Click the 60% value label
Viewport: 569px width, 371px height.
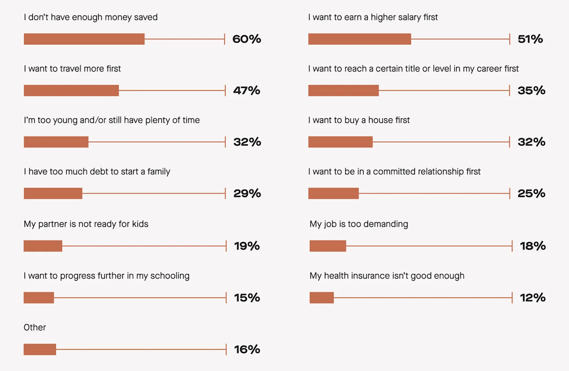click(247, 39)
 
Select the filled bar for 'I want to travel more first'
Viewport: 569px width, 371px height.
click(71, 90)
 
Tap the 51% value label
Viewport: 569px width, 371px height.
click(530, 39)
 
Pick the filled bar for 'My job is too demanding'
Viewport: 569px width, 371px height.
click(328, 246)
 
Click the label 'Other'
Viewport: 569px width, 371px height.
click(35, 327)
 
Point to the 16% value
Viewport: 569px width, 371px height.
click(247, 350)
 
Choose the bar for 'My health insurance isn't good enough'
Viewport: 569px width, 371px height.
click(321, 298)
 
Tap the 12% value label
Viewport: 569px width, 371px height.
click(533, 298)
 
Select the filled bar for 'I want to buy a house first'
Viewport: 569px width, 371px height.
click(340, 142)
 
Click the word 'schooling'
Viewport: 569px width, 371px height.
click(170, 276)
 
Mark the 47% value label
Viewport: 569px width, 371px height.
click(247, 91)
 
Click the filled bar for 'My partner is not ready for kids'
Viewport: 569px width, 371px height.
click(43, 246)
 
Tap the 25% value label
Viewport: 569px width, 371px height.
click(531, 194)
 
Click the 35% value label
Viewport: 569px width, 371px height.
click(531, 91)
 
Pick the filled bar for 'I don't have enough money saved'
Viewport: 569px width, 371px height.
click(84, 39)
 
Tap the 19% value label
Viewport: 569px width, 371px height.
click(247, 246)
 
